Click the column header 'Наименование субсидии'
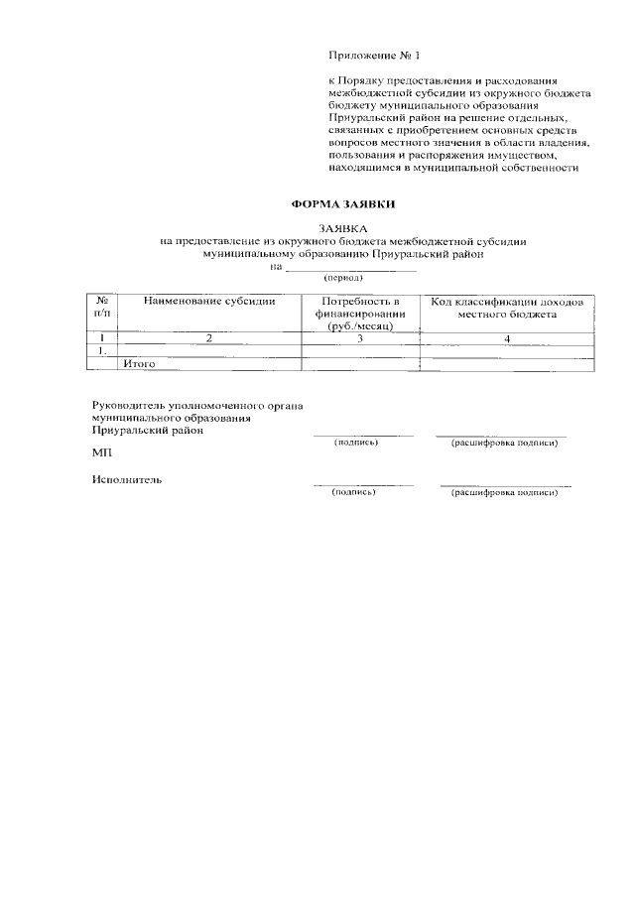click(x=208, y=301)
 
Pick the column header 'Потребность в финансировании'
click(x=360, y=313)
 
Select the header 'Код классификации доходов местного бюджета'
click(x=506, y=307)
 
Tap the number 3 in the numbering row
click(x=360, y=338)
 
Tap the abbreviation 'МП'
click(x=101, y=451)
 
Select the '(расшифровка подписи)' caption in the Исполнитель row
click(x=504, y=491)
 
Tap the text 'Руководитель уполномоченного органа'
click(x=196, y=406)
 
